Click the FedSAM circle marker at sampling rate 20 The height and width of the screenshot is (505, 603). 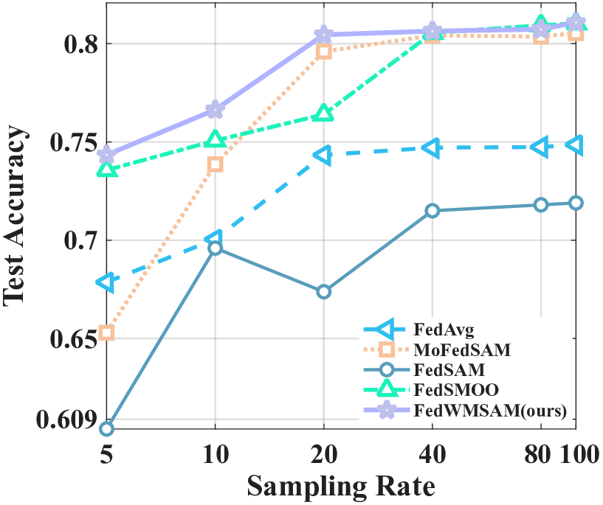coord(323,292)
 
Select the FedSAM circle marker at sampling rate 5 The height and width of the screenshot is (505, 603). coord(106,428)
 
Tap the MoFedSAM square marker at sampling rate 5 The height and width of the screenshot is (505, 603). coord(106,333)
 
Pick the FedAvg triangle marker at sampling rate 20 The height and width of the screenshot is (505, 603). coord(323,155)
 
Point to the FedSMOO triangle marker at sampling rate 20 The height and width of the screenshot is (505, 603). coord(323,113)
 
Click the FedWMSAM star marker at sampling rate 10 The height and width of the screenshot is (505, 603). coord(215,109)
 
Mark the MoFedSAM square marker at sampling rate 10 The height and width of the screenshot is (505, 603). coord(215,164)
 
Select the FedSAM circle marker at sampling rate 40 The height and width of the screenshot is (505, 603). coord(433,211)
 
